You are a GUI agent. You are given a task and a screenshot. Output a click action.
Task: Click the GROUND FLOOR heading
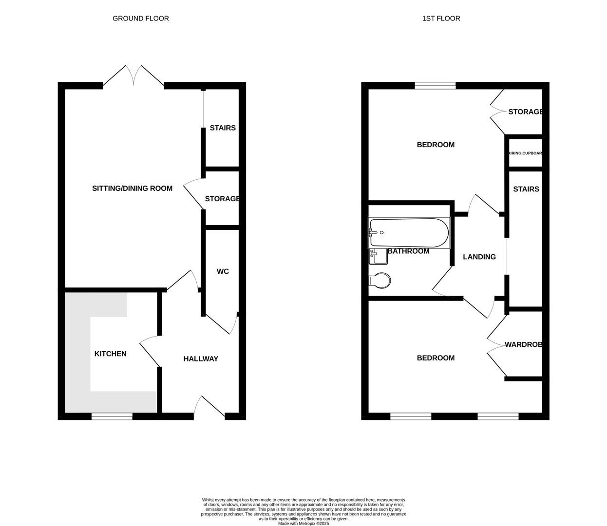tap(141, 19)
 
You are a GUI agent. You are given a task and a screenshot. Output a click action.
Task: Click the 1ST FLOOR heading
tap(441, 19)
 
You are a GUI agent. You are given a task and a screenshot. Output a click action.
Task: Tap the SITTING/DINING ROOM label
tap(132, 188)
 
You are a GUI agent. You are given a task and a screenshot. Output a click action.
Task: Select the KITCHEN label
tap(110, 354)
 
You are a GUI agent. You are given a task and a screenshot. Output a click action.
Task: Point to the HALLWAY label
tap(201, 359)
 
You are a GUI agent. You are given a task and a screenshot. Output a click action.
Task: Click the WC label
tap(223, 271)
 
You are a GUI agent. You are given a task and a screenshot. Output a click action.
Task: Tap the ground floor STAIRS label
tap(223, 128)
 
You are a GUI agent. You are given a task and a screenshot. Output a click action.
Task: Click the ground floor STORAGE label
tap(222, 199)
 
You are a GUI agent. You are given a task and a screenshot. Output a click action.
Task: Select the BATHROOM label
tap(408, 251)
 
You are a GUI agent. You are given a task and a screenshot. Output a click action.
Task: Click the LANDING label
tap(479, 257)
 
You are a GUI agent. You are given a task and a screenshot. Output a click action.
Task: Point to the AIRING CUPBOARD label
tap(525, 153)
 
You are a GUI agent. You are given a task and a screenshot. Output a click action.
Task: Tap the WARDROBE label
tap(523, 345)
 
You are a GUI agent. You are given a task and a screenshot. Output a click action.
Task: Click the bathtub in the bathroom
tap(409, 232)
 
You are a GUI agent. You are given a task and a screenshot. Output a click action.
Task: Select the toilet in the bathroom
tap(379, 281)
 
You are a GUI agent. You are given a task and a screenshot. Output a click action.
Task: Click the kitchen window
tap(112, 416)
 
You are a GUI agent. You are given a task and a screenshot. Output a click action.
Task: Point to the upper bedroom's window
tap(436, 86)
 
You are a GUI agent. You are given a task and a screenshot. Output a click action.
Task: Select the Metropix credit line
tap(303, 524)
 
